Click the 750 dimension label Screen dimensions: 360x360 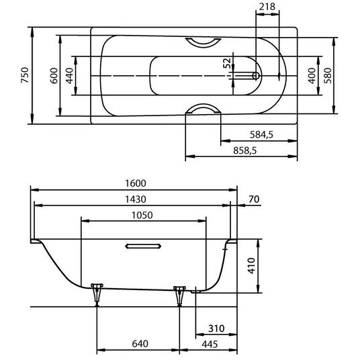25,75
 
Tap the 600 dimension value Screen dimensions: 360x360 54,76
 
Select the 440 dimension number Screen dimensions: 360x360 69,76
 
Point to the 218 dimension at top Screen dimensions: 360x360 267,7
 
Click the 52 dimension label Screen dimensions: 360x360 227,63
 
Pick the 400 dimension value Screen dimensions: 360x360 312,76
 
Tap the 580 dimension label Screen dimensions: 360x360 328,76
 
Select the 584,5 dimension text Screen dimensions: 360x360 261,134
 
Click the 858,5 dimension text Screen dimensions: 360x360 244,150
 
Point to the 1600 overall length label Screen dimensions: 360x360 136,183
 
